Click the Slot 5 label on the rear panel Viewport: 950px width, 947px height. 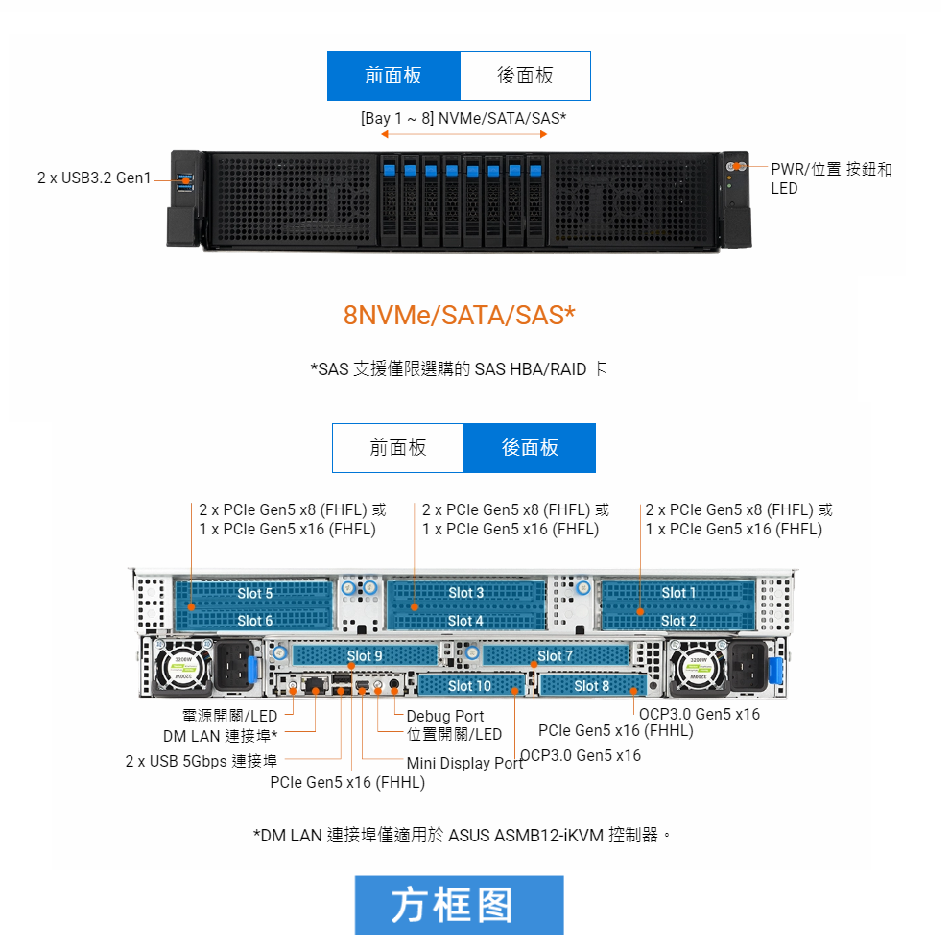click(x=255, y=594)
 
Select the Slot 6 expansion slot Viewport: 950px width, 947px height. click(x=255, y=621)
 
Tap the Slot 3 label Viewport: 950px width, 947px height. click(x=466, y=594)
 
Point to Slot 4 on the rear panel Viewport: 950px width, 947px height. click(x=466, y=621)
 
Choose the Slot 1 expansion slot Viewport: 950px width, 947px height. click(x=679, y=594)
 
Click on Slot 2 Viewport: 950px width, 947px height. click(x=679, y=621)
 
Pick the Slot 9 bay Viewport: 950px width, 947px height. click(x=365, y=656)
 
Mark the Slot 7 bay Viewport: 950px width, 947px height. click(x=555, y=656)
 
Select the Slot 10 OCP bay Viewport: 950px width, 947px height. click(x=469, y=685)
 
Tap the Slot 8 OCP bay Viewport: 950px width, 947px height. click(x=592, y=685)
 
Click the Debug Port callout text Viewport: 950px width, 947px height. click(x=445, y=716)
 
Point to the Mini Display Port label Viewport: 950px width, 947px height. click(x=464, y=764)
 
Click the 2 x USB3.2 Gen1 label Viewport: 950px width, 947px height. click(x=94, y=178)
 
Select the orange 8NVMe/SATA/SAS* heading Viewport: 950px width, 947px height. click(x=460, y=315)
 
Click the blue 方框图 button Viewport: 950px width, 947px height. click(x=459, y=905)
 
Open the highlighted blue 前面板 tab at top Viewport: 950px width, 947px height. click(x=393, y=76)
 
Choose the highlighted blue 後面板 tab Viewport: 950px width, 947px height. click(x=530, y=448)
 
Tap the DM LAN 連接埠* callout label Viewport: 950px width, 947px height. click(x=220, y=736)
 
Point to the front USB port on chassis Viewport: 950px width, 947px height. click(x=185, y=179)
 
